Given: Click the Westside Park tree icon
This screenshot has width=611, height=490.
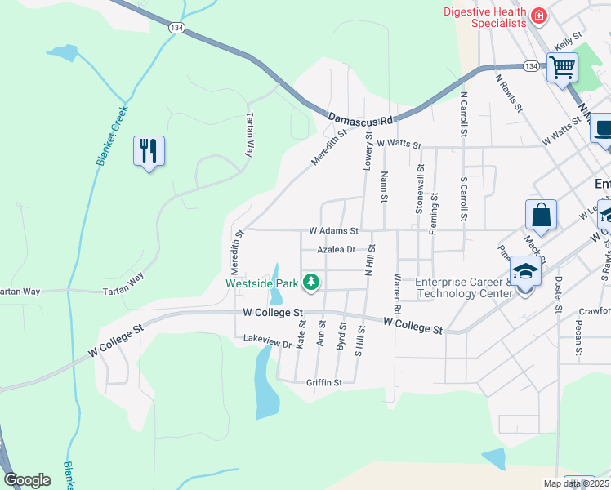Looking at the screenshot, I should (x=311, y=283).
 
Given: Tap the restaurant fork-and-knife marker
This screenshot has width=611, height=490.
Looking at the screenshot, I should (x=149, y=151).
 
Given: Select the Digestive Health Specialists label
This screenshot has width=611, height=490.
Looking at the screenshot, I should (x=484, y=17).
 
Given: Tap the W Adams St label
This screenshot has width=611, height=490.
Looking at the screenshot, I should (x=333, y=231).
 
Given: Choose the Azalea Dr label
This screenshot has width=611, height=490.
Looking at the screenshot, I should (x=337, y=249).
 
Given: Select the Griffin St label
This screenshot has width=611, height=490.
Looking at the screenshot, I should (x=323, y=381).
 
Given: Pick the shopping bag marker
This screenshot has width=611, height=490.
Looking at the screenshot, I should (x=541, y=216).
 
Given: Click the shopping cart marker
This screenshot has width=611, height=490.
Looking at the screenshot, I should (x=562, y=68).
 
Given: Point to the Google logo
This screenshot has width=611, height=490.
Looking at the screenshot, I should (x=27, y=480).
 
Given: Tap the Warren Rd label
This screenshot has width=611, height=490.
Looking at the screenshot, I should (x=398, y=295).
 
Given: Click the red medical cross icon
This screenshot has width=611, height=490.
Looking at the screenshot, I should (x=538, y=16).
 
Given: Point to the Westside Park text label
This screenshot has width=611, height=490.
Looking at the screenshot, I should (x=261, y=283).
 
